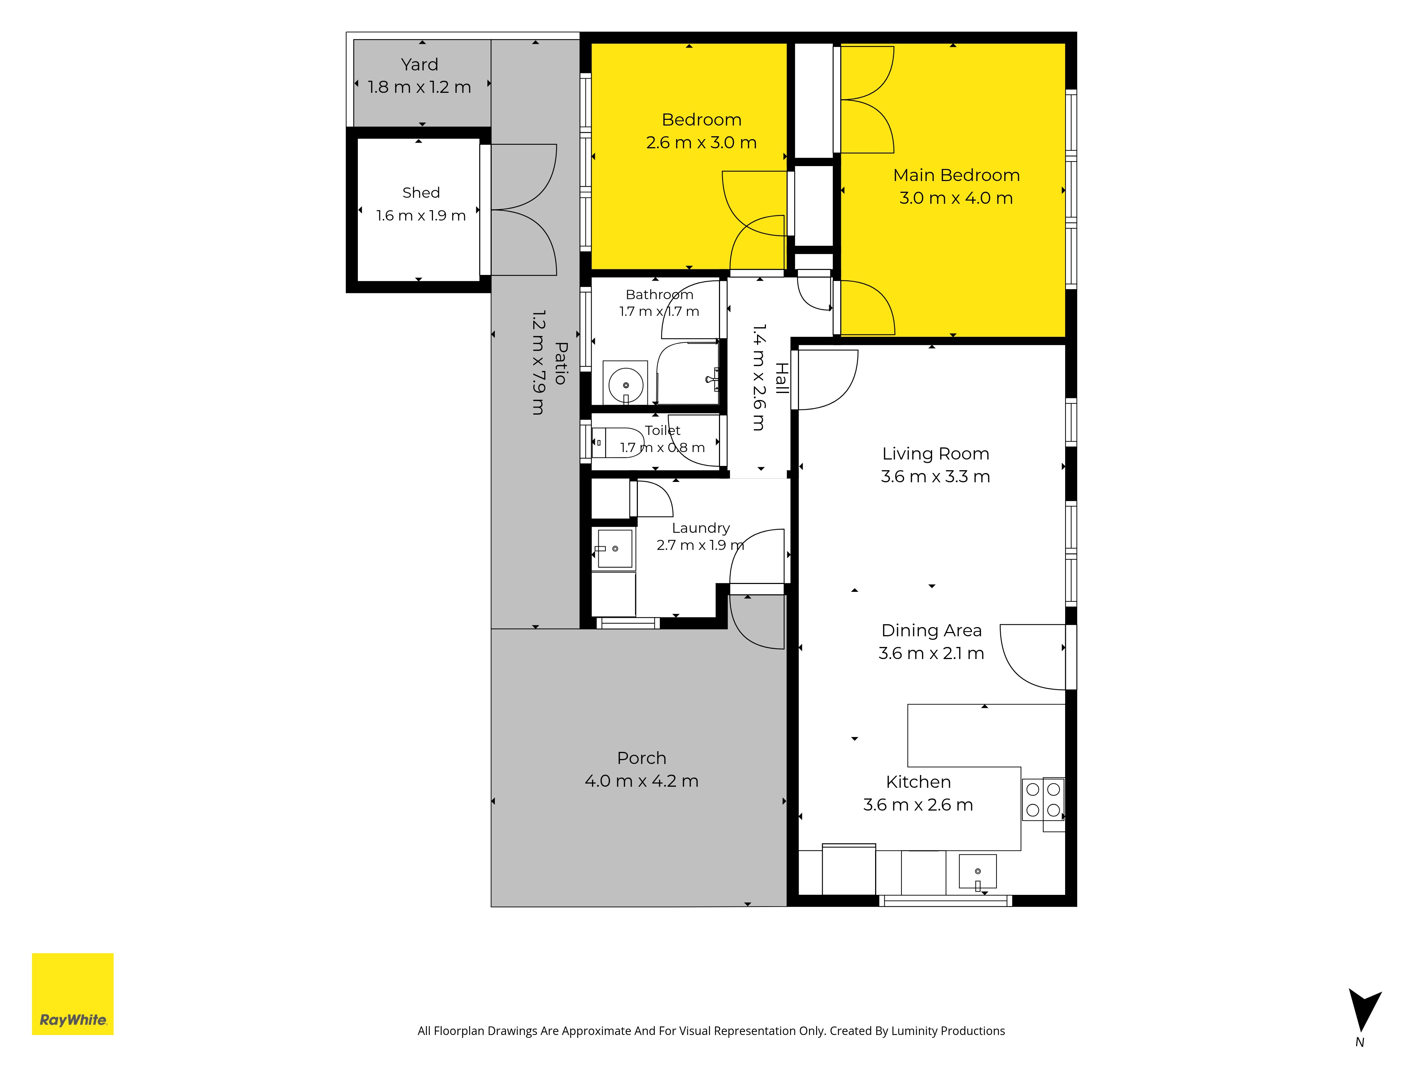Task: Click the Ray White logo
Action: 73,994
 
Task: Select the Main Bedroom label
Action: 956,175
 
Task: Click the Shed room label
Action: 421,192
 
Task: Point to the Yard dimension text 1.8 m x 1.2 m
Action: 419,87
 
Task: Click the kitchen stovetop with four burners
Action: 1043,800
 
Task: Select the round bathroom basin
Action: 625,385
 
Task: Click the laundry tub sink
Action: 615,548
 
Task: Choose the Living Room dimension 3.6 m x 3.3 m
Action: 935,477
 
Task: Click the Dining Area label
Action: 931,630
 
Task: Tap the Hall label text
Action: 782,378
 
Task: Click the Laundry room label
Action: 700,528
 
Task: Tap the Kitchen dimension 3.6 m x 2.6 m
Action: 918,805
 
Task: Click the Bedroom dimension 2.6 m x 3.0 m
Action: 701,142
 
